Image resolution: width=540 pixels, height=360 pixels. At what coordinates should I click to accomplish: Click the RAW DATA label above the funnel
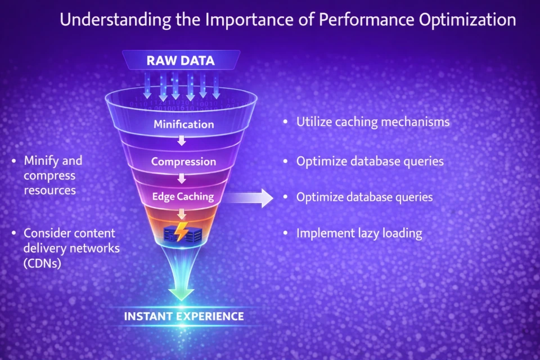click(181, 61)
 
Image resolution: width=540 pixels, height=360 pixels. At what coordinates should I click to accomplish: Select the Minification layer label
click(183, 124)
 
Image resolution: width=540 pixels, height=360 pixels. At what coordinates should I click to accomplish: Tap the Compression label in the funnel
click(183, 161)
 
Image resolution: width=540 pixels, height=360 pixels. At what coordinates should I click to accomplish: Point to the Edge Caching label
click(183, 196)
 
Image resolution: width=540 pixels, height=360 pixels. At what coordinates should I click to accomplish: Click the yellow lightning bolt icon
click(182, 232)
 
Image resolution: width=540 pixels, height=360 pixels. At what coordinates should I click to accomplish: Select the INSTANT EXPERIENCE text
click(184, 316)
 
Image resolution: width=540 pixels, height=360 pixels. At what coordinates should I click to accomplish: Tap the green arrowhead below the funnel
click(181, 294)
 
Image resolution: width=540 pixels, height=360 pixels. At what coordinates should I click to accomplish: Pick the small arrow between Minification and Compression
click(182, 141)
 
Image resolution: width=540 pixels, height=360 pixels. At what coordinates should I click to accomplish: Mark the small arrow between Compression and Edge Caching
click(182, 178)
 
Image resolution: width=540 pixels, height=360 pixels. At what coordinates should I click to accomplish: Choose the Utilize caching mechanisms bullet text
click(373, 121)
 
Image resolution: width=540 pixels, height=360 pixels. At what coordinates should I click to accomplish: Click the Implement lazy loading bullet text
click(359, 233)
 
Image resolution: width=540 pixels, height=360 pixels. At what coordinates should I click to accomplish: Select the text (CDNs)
click(42, 263)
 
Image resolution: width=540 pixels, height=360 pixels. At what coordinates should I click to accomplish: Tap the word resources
click(49, 190)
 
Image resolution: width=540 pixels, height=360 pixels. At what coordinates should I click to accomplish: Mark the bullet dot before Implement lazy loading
click(286, 233)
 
